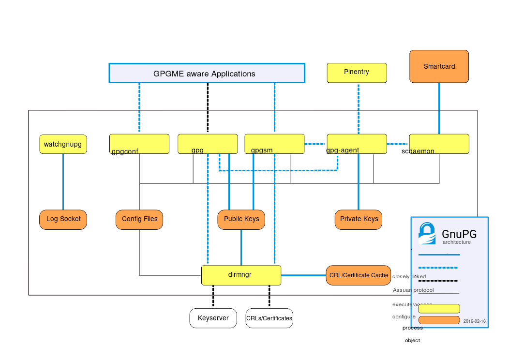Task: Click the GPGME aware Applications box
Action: click(x=207, y=74)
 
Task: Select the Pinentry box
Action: click(x=357, y=73)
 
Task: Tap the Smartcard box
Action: click(x=439, y=66)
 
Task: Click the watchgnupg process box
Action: click(x=63, y=144)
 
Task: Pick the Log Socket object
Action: click(x=63, y=219)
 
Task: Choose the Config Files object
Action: click(x=139, y=219)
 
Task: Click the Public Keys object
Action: click(x=241, y=219)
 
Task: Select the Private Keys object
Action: click(x=359, y=219)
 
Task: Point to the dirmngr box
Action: click(x=241, y=275)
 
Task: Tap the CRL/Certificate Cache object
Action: click(x=359, y=275)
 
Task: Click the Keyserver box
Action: click(x=213, y=318)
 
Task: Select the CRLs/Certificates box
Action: click(x=269, y=318)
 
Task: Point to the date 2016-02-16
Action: click(x=474, y=321)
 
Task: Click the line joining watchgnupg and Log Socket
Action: click(x=63, y=181)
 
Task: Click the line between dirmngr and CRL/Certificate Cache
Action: click(x=303, y=275)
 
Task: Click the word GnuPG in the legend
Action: click(x=459, y=234)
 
